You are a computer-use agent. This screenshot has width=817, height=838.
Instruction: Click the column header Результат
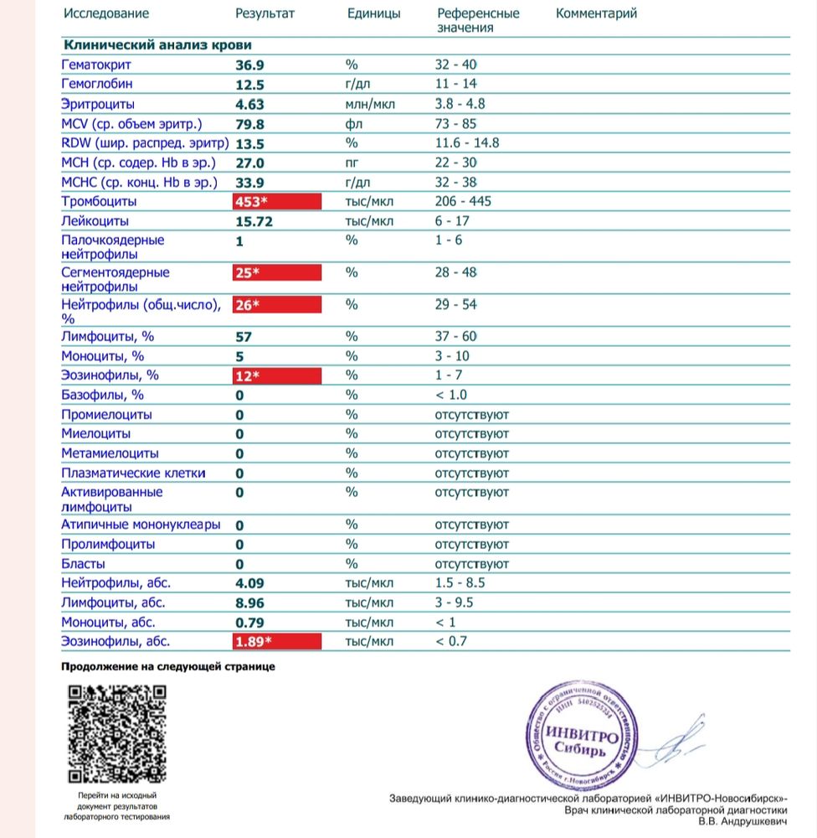(265, 13)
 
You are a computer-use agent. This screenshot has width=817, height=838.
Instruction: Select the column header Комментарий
(596, 13)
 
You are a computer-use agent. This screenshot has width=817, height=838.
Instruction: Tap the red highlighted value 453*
(279, 202)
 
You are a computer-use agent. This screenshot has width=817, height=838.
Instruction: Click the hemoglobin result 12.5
(249, 85)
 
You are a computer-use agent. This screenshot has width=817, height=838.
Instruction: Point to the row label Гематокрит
(97, 65)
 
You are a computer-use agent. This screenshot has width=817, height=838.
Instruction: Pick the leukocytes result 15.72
(254, 222)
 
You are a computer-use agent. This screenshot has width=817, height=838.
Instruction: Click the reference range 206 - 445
(463, 202)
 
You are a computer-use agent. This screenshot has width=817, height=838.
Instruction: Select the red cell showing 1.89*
(279, 642)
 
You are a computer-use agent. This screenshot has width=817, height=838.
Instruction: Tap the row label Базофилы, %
(103, 395)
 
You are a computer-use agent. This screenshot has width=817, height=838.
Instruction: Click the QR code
(116, 733)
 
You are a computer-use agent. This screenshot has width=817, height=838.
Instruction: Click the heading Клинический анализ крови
(157, 45)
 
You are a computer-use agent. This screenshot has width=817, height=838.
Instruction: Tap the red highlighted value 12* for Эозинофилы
(279, 375)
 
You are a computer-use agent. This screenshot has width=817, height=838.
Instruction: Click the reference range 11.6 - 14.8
(467, 143)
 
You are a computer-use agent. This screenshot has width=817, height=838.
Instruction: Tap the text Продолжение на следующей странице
(168, 667)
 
